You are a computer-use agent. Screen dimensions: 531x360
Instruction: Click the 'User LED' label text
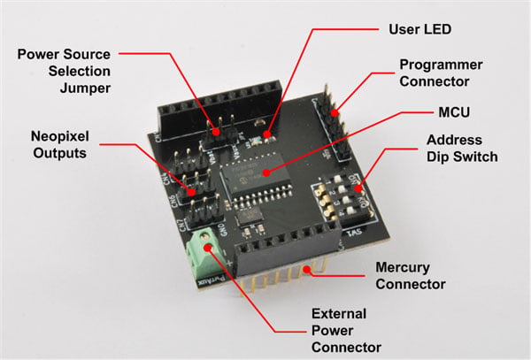point(419,29)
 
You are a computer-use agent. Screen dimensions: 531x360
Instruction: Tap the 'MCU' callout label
point(454,112)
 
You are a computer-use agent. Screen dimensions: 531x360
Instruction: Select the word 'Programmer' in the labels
point(441,65)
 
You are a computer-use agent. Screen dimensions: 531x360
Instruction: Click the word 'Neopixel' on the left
point(60,136)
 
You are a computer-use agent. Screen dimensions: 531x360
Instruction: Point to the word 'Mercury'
point(403,268)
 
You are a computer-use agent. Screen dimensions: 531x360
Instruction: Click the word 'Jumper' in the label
point(85,88)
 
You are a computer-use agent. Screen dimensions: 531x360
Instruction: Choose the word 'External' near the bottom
point(339,314)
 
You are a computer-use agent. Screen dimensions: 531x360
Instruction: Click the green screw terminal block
point(204,253)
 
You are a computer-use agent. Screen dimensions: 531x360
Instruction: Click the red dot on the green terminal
point(208,248)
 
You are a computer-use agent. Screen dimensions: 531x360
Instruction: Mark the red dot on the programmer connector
point(335,112)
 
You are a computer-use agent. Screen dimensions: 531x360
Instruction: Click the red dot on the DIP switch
point(358,188)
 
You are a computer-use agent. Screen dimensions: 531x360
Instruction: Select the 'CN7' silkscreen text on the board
point(183,225)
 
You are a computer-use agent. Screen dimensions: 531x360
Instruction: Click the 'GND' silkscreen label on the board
point(224,230)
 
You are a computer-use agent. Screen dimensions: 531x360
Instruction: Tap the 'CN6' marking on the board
point(173,201)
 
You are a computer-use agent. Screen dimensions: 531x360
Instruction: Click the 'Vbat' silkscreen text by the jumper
point(212,157)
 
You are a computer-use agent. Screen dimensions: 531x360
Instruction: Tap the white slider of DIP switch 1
point(338,178)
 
